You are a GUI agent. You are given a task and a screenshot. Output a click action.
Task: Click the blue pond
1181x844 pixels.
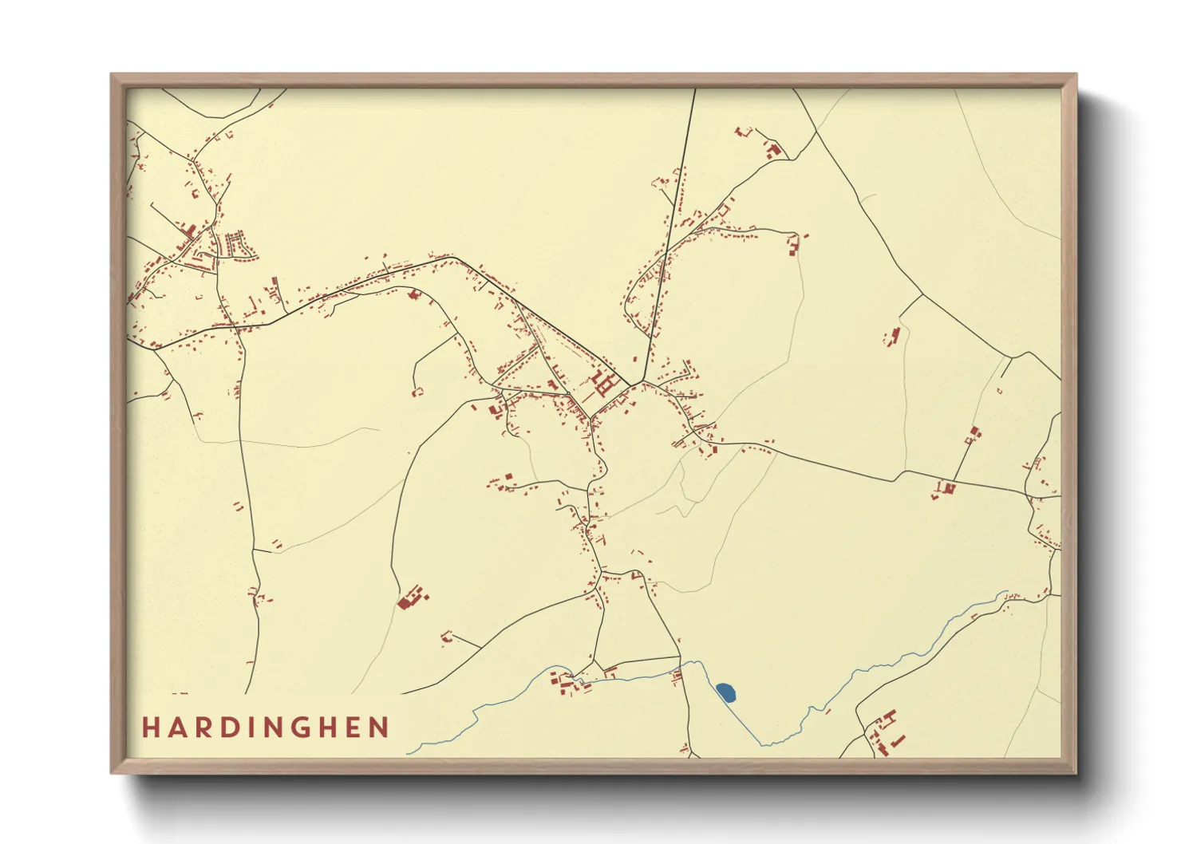[x=725, y=692]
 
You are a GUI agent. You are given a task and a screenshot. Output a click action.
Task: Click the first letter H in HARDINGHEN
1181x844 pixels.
[x=150, y=728]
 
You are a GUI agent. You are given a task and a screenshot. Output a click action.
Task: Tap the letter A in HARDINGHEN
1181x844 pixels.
[x=177, y=728]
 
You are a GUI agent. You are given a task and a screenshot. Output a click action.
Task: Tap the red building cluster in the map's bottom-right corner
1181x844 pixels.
[x=886, y=730]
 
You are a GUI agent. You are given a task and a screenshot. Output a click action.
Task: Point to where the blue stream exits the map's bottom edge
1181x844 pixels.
[x=409, y=753]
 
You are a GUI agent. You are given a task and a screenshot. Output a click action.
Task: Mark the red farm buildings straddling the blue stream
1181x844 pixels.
[x=568, y=683]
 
